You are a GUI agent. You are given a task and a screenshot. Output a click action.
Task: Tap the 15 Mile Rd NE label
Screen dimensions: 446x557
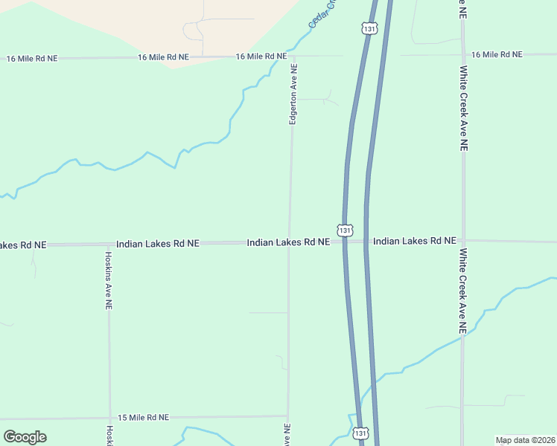pyautogui.click(x=141, y=418)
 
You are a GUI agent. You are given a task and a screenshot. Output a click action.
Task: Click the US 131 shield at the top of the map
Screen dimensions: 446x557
pyautogui.click(x=369, y=28)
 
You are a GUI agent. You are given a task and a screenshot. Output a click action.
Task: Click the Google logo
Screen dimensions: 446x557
pyautogui.click(x=25, y=437)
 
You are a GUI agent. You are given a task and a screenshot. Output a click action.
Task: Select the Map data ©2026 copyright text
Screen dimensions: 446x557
pyautogui.click(x=526, y=440)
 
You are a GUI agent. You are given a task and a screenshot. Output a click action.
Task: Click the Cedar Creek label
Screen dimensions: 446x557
pyautogui.click(x=323, y=13)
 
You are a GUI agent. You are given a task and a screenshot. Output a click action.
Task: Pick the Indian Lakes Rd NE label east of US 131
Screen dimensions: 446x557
pyautogui.click(x=414, y=241)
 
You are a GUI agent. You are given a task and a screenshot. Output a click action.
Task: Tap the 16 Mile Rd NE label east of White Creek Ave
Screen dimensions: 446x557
pyautogui.click(x=497, y=54)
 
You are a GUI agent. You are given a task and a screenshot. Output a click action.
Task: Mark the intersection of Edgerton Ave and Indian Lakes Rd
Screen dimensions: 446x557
pyautogui.click(x=290, y=242)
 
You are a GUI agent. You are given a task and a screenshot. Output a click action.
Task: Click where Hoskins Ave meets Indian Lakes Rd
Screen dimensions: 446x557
pyautogui.click(x=108, y=244)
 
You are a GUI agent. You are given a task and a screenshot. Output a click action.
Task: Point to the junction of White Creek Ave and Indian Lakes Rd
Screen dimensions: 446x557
pyautogui.click(x=463, y=241)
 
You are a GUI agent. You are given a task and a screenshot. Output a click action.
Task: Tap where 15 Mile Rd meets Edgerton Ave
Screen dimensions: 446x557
pyautogui.click(x=288, y=416)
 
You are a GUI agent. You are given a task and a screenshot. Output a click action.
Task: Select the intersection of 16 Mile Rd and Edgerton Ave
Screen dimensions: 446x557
pyautogui.click(x=293, y=56)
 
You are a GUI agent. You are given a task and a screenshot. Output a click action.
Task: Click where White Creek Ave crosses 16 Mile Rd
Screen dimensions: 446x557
pyautogui.click(x=462, y=54)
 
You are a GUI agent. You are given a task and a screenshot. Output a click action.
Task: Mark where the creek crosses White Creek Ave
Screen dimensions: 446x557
pyautogui.click(x=462, y=336)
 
